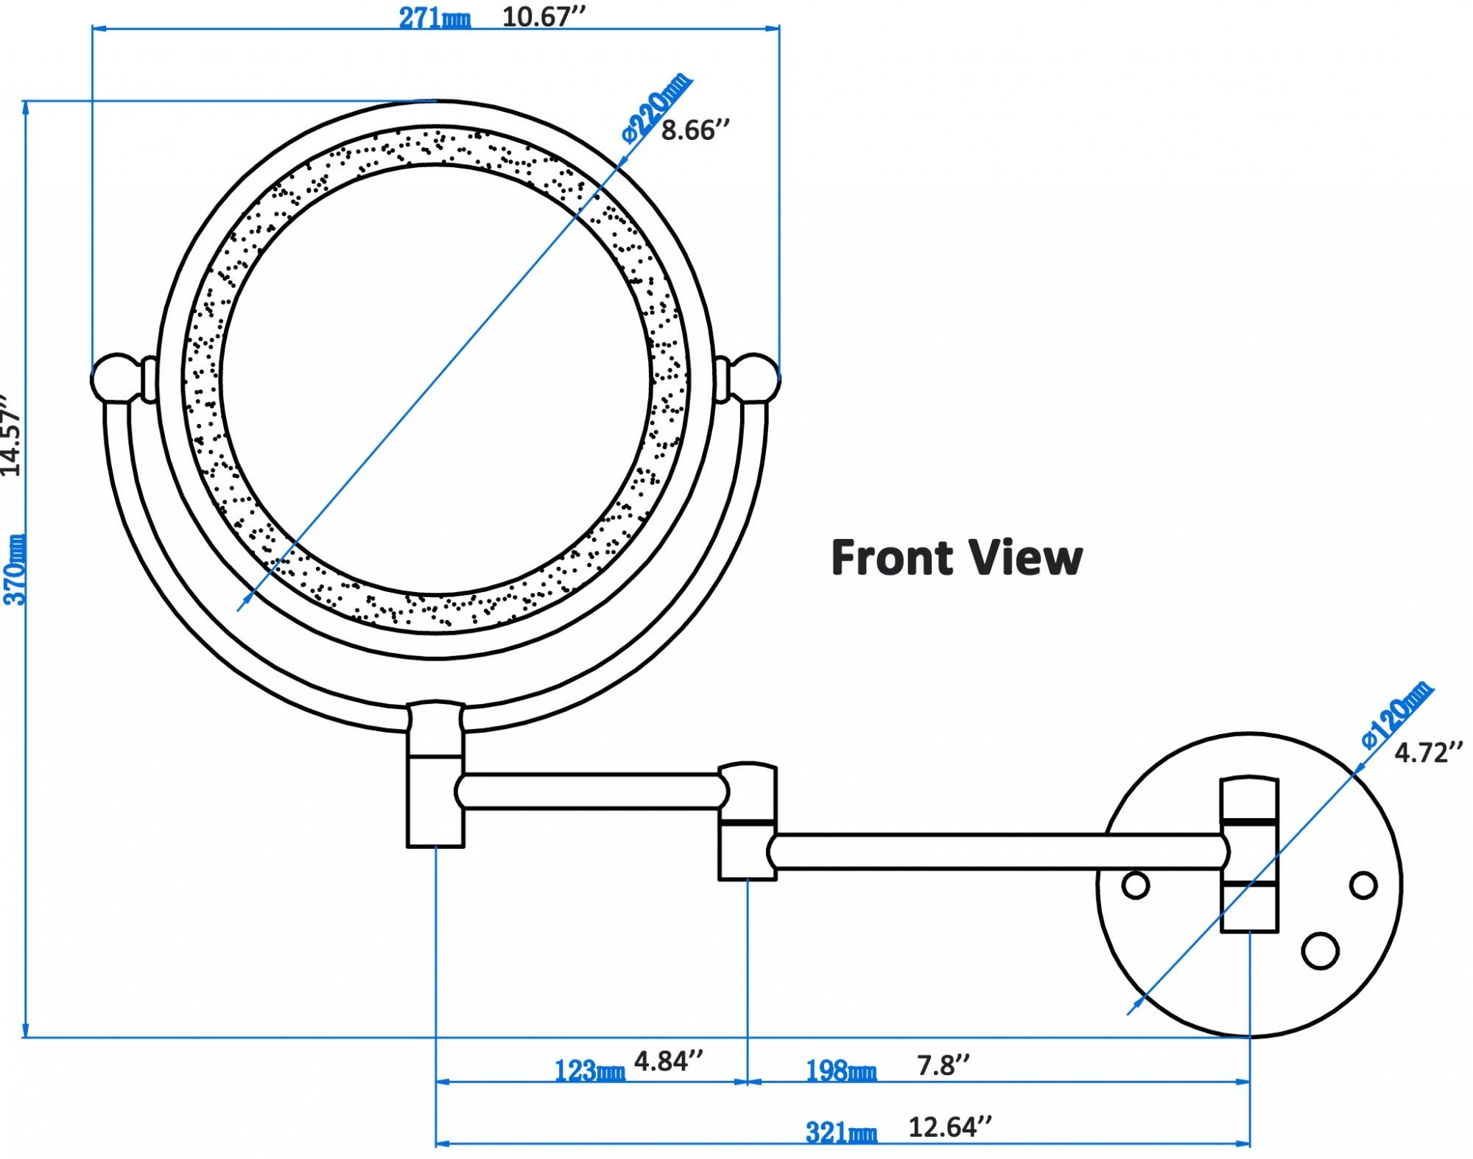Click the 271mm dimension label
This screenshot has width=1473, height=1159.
[434, 18]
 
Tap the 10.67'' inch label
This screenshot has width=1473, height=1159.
[544, 16]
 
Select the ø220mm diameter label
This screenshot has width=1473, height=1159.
[657, 108]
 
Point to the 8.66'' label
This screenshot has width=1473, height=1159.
[695, 130]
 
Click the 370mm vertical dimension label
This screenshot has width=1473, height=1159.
[15, 569]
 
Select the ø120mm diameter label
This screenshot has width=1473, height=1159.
[1396, 716]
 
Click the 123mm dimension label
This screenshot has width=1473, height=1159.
[589, 1070]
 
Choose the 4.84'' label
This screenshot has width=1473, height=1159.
[669, 1061]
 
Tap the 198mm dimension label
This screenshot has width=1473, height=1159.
[841, 1070]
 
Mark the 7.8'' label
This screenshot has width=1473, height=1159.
[943, 1065]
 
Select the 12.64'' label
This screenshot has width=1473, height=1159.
[950, 1127]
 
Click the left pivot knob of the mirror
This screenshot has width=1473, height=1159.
[114, 378]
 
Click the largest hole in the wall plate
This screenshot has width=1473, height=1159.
[1320, 951]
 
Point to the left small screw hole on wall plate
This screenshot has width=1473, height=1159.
[1135, 884]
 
